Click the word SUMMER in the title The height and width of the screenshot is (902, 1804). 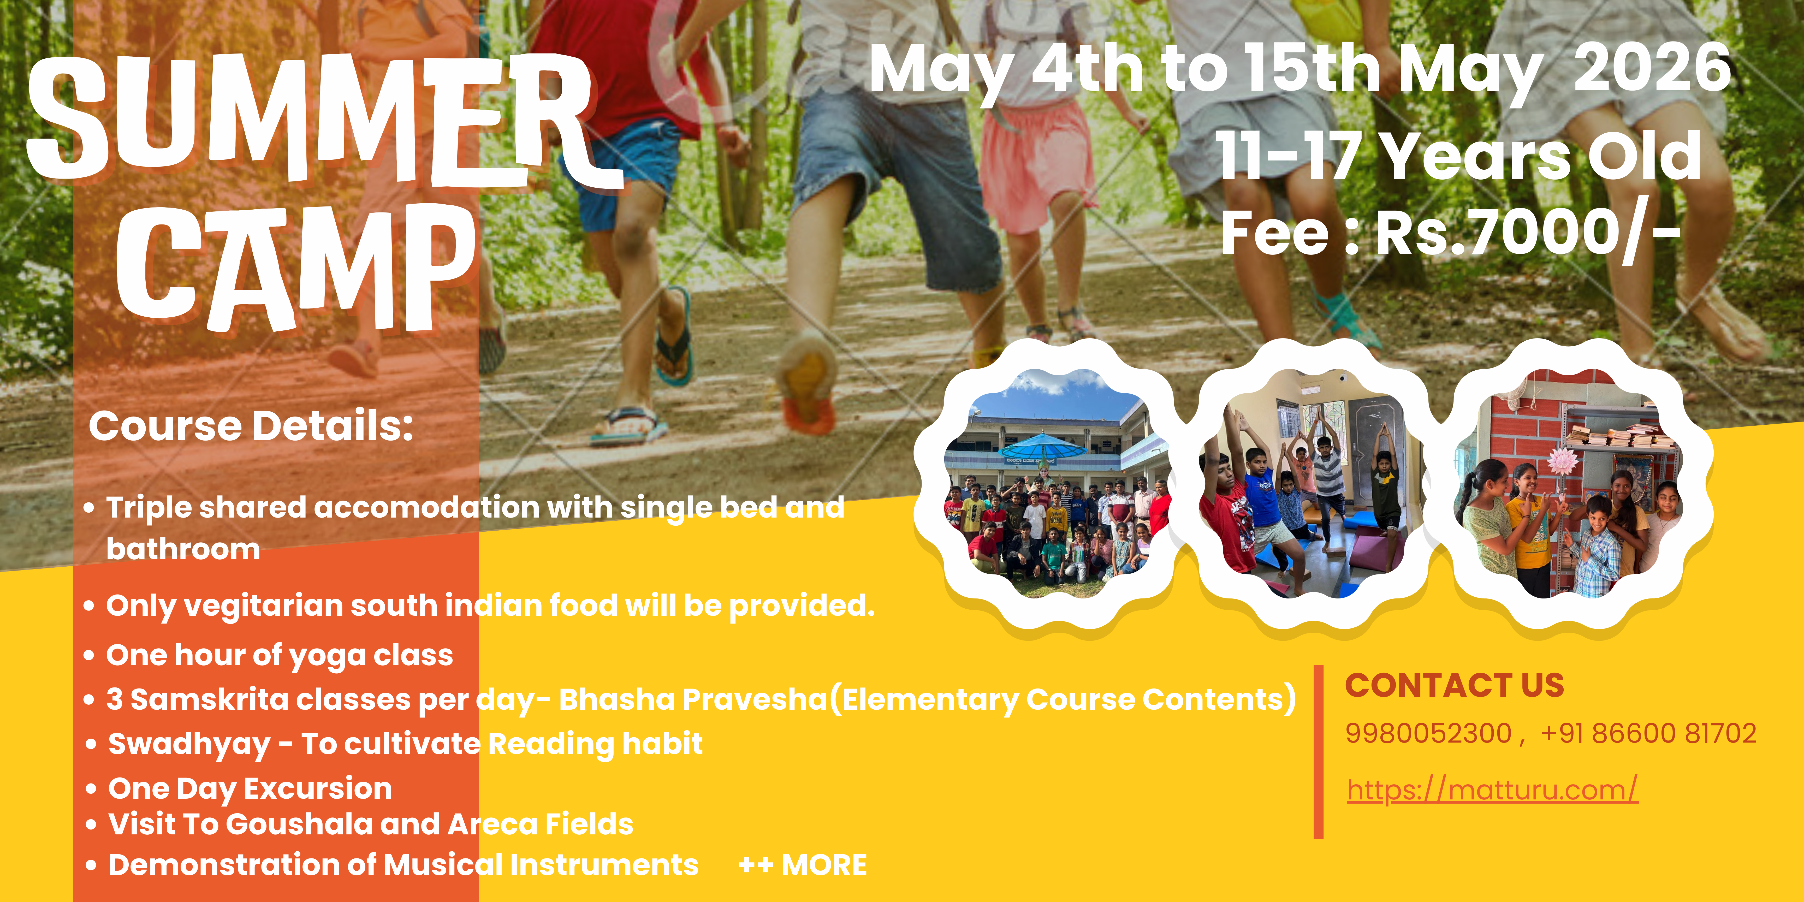click(x=322, y=119)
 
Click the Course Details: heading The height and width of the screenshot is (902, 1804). click(x=251, y=426)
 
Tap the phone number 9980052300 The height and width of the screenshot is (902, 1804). click(x=1429, y=733)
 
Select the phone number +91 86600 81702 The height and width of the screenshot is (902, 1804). click(x=1648, y=733)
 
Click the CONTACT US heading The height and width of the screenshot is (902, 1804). click(x=1455, y=685)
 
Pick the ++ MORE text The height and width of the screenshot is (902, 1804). click(x=803, y=865)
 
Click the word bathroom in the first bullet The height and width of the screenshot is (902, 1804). click(x=183, y=549)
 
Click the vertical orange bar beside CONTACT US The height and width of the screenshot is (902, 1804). click(x=1319, y=751)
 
